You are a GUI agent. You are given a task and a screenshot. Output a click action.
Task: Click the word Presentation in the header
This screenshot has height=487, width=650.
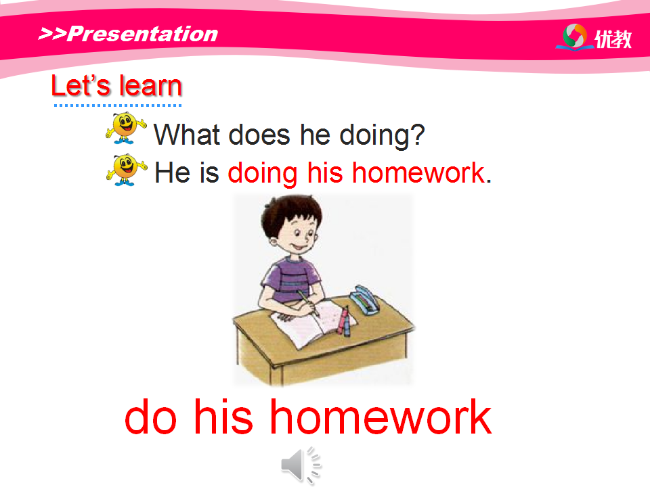143,34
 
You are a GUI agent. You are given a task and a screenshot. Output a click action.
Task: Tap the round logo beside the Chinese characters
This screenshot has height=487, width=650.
575,37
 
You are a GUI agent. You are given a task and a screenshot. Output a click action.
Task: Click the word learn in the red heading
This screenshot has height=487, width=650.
150,86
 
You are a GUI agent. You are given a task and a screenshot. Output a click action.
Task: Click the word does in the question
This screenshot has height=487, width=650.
259,135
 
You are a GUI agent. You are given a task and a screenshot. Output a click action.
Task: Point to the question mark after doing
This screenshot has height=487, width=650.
418,135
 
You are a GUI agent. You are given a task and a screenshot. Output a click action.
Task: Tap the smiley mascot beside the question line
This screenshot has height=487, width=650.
126,128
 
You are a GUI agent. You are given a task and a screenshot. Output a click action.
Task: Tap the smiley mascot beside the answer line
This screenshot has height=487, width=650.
126,170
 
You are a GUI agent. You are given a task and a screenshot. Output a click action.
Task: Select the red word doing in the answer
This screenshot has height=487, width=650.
263,174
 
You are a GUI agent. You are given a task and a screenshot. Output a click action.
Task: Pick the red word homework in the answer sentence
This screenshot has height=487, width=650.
418,172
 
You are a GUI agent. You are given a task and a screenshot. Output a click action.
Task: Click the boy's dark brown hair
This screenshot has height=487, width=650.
290,214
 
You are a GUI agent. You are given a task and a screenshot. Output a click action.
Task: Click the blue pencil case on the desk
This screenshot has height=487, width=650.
364,300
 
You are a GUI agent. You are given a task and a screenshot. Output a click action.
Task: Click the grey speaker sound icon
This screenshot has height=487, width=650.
301,465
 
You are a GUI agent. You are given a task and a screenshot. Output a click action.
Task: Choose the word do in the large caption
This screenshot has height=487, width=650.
150,417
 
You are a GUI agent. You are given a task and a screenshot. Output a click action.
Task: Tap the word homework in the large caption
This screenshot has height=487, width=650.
381,417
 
